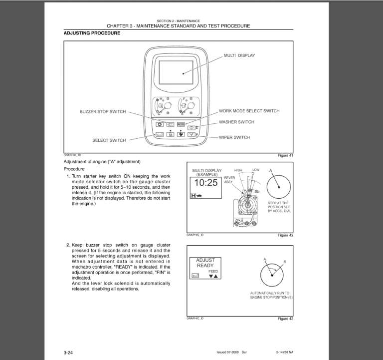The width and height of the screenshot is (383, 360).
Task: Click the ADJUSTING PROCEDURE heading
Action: [92, 33]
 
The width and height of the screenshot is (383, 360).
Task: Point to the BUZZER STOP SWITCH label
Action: [103, 112]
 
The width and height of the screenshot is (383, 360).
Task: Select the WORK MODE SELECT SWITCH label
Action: [249, 111]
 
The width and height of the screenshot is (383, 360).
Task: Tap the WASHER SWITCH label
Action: [236, 122]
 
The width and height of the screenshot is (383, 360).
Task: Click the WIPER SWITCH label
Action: [234, 137]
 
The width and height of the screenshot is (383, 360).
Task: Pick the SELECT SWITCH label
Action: [109, 140]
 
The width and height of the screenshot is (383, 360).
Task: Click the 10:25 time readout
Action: [205, 183]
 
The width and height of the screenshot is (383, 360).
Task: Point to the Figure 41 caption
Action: [285, 156]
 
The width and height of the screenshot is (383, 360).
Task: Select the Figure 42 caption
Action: [285, 235]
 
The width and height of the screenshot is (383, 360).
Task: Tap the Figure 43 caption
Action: [285, 319]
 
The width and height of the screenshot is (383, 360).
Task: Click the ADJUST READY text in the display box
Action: [205, 263]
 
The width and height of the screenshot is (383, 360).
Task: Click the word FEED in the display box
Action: [213, 271]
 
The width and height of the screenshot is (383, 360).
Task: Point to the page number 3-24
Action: [68, 353]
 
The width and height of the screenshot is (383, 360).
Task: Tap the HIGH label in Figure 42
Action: [238, 170]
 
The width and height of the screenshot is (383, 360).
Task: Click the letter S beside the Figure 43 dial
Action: [285, 262]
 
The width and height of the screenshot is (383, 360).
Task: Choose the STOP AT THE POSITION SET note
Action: [279, 207]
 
